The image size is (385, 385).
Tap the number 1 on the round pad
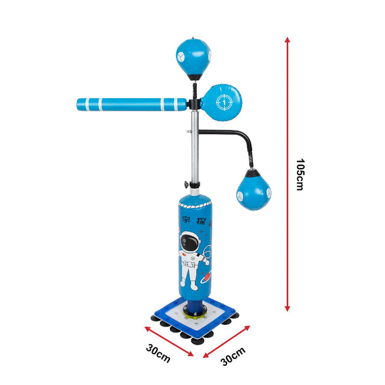223,101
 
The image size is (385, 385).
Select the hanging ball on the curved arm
252,193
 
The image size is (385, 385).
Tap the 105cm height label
300,174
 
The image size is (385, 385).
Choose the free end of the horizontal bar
80,104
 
